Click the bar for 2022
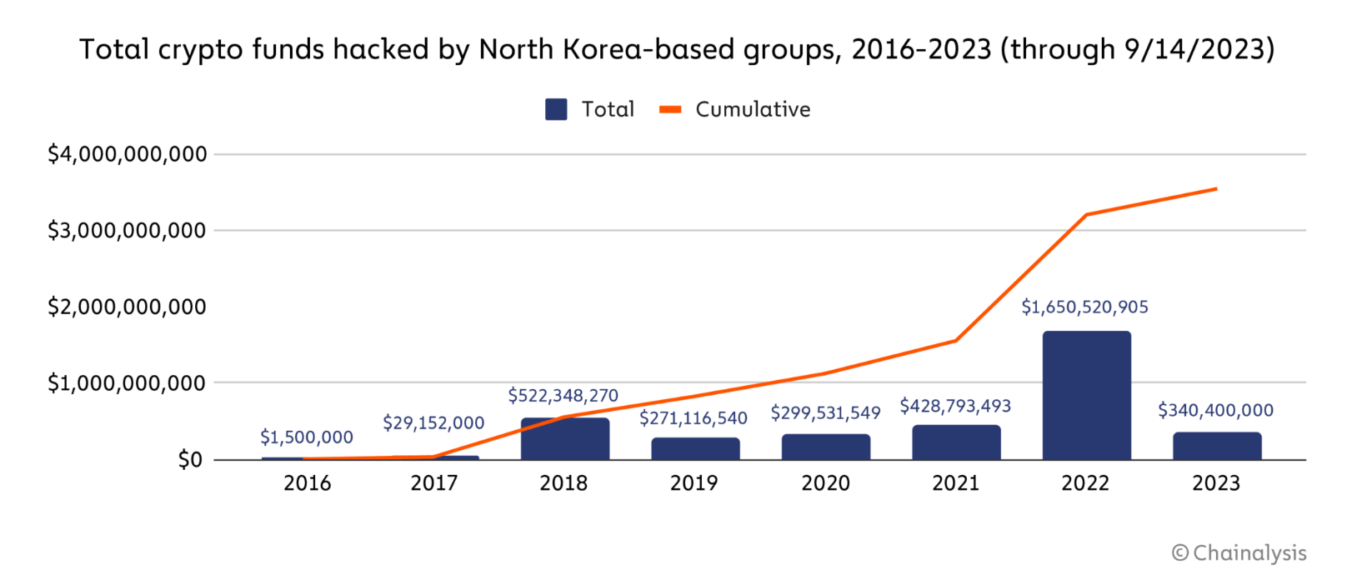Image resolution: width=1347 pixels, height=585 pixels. click(1086, 395)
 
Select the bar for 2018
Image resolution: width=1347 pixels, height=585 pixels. click(564, 439)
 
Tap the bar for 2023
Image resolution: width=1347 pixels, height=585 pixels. click(1216, 446)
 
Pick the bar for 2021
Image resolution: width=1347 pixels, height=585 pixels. click(956, 442)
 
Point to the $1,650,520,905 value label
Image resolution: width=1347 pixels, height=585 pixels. click(1084, 307)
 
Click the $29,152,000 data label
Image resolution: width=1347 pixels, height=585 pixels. click(433, 423)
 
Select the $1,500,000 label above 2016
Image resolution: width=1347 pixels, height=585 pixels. click(307, 437)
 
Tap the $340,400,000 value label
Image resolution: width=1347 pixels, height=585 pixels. click(1215, 411)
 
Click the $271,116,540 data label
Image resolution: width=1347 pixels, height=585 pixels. click(694, 418)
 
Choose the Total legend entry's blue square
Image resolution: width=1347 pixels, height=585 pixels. click(556, 109)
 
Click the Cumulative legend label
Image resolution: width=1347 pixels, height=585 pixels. click(753, 109)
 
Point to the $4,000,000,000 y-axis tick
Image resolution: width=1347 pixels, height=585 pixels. click(127, 154)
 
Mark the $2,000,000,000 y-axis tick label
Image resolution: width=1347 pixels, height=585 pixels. click(127, 307)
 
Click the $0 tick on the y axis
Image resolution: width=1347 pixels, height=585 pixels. click(189, 460)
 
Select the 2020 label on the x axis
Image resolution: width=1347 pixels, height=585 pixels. click(825, 483)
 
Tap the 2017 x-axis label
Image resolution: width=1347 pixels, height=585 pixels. click(433, 483)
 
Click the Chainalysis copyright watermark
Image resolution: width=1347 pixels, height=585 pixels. click(1239, 553)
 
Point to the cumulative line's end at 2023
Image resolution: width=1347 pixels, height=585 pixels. click(1216, 189)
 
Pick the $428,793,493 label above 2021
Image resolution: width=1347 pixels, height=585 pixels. click(955, 407)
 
